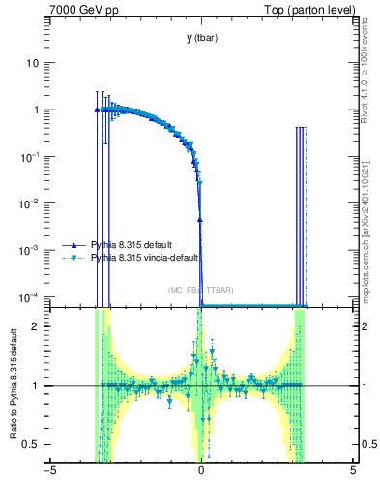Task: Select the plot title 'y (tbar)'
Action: click(x=200, y=38)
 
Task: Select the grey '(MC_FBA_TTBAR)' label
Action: click(x=200, y=290)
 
